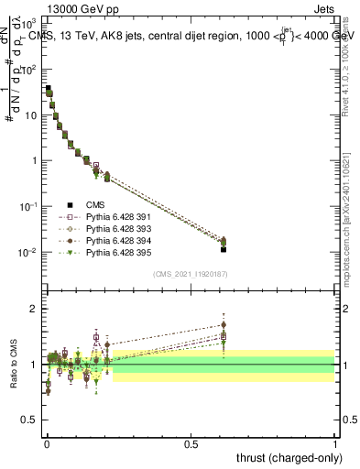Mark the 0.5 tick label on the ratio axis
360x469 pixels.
(x=30, y=420)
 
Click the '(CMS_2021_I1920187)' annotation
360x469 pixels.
(x=191, y=274)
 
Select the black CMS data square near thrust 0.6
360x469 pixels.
(x=223, y=248)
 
